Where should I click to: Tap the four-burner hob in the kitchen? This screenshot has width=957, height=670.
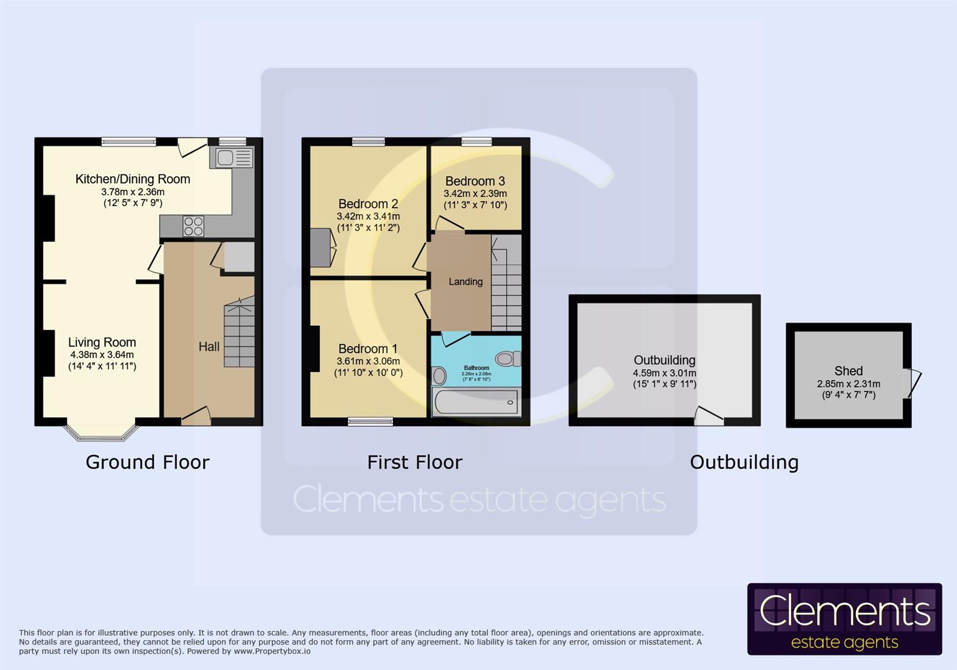(x=193, y=226)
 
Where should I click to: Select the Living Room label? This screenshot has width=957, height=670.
(x=102, y=342)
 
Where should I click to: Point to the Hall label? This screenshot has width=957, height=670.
(x=209, y=347)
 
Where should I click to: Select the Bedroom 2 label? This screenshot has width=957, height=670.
(x=368, y=204)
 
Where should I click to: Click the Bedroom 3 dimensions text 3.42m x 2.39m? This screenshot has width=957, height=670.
(x=475, y=194)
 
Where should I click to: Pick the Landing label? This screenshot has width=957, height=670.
(x=465, y=282)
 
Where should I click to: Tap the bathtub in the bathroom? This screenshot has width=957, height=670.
(x=477, y=403)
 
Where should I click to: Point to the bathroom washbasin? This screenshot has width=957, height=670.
(x=439, y=375)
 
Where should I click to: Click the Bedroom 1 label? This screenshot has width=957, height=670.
(x=368, y=349)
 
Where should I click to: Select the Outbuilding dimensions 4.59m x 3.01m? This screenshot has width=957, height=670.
(x=664, y=373)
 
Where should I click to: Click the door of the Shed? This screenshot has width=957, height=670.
(x=914, y=383)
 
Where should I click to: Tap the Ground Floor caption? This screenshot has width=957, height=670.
(x=148, y=462)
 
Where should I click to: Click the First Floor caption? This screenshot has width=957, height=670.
(x=415, y=462)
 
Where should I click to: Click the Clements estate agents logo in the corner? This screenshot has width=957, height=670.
(x=844, y=619)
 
